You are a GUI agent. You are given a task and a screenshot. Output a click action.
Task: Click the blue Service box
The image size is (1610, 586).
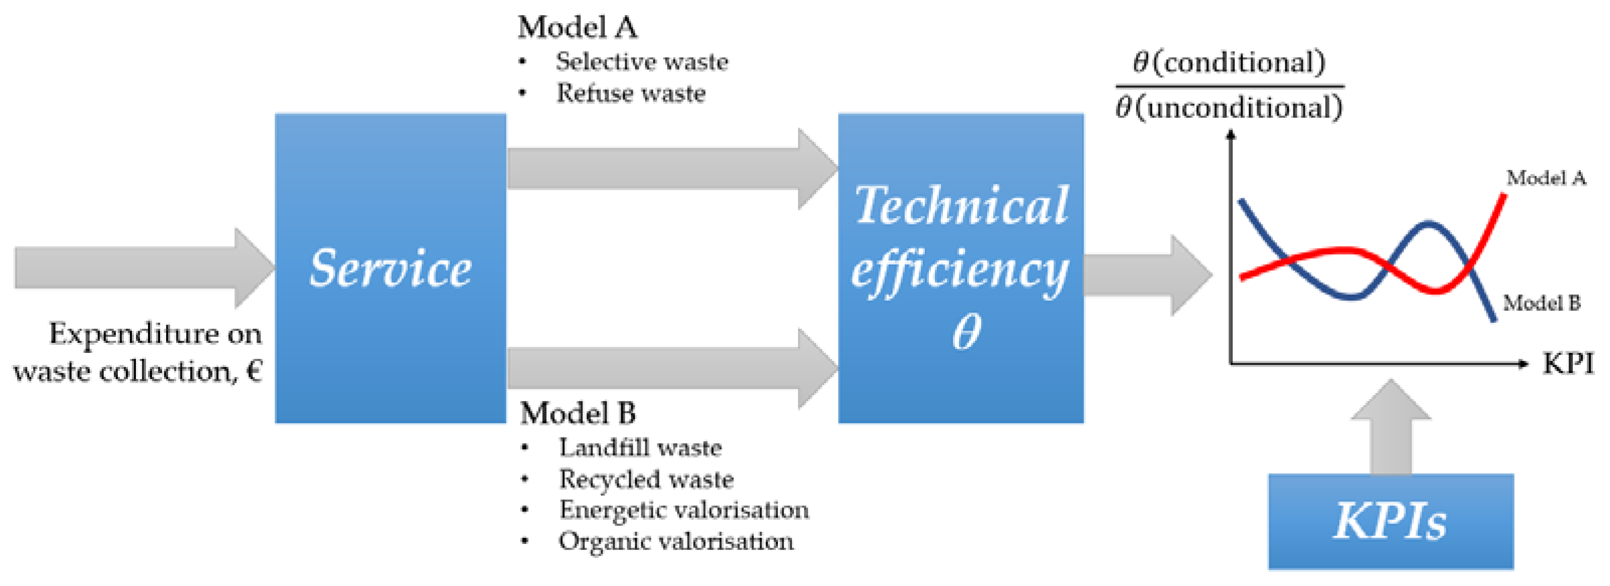(x=390, y=269)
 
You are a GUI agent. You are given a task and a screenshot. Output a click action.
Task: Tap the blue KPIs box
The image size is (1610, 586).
(x=1390, y=521)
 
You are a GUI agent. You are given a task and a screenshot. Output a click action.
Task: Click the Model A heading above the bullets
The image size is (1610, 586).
(x=577, y=28)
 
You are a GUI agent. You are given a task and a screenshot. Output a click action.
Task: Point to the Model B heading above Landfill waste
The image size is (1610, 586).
(x=578, y=414)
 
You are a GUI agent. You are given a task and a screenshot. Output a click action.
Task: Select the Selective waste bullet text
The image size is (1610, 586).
(x=642, y=62)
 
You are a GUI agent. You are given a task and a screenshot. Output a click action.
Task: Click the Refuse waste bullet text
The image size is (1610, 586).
(x=631, y=93)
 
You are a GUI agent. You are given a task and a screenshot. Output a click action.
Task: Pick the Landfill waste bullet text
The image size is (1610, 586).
(x=640, y=448)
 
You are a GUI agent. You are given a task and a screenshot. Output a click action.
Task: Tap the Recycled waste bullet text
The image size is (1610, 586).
(x=646, y=479)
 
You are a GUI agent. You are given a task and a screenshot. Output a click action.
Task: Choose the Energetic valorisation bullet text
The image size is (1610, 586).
(x=684, y=510)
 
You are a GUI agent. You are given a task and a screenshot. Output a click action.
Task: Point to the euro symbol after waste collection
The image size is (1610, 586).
(x=254, y=371)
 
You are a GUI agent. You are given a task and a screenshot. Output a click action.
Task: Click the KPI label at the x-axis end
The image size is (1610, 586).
(x=1568, y=363)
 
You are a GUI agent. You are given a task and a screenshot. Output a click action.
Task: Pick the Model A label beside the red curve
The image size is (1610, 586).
(x=1546, y=178)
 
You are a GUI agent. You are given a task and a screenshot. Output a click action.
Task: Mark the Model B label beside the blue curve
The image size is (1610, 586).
(x=1541, y=303)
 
